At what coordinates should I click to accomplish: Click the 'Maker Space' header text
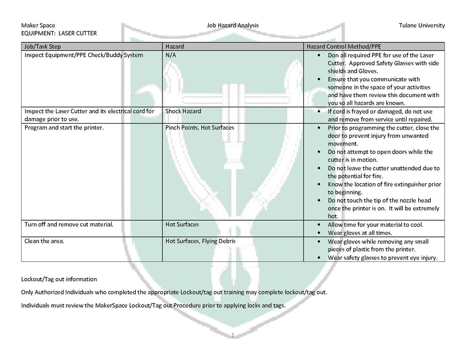(38, 25)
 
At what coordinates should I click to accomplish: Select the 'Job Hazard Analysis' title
(233, 25)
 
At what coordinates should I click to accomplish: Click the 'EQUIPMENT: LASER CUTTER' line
(59, 33)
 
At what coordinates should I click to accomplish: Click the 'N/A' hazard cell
(171, 55)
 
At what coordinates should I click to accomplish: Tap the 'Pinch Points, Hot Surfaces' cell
(200, 128)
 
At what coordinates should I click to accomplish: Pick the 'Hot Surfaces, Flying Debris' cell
(200, 241)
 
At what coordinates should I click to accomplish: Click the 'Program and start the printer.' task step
(63, 128)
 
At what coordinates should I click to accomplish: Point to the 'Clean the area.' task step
(45, 241)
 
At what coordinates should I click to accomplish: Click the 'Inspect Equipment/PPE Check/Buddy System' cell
(84, 55)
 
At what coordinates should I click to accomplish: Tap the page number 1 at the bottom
(233, 335)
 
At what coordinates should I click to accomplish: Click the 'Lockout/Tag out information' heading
(59, 279)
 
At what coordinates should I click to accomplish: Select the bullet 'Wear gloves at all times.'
(359, 233)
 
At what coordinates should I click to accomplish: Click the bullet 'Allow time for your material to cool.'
(375, 225)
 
